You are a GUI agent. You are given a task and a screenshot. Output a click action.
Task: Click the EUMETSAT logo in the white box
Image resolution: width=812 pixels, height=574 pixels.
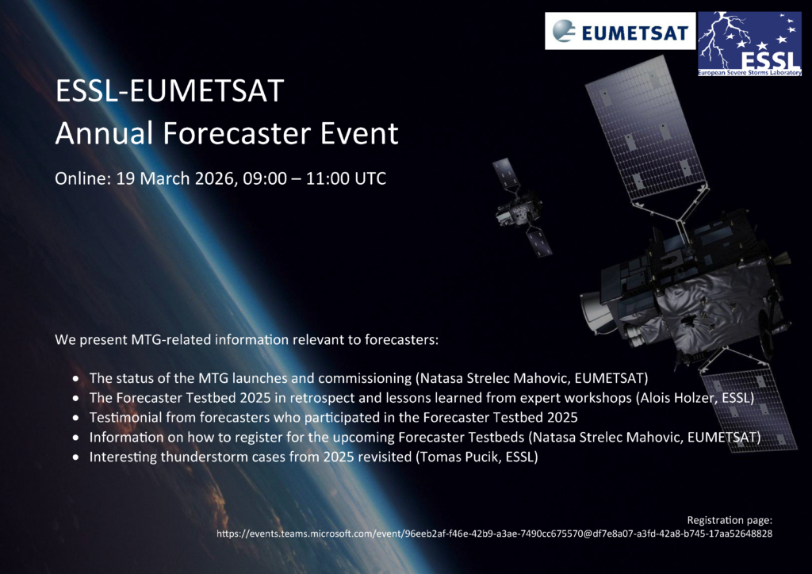click(620, 31)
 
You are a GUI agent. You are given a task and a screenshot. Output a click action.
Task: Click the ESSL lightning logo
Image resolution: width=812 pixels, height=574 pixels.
click(749, 44)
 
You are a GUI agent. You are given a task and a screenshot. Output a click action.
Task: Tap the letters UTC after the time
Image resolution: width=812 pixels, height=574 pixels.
click(370, 178)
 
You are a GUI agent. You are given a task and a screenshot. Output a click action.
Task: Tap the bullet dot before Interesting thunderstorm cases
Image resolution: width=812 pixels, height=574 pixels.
click(77, 457)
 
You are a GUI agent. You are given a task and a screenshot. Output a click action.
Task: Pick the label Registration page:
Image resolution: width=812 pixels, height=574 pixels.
click(730, 520)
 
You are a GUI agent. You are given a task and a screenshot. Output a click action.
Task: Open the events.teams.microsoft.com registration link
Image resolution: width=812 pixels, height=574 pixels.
click(495, 534)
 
